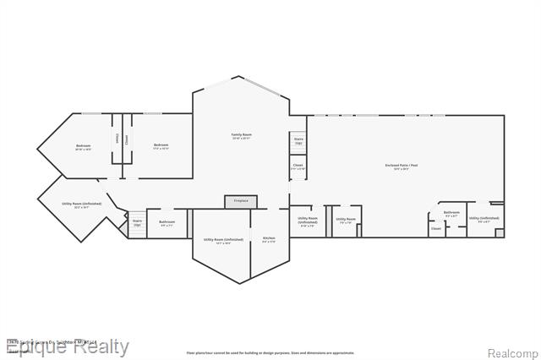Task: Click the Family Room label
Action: pos(242,136)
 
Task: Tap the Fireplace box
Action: pos(241,201)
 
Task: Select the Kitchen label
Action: pos(269,240)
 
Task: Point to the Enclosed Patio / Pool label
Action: pos(402,166)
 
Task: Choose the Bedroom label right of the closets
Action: pos(161,146)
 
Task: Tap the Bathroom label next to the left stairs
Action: pos(167,223)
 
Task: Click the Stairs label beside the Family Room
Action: pos(298,141)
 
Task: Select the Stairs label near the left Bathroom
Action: pos(137,223)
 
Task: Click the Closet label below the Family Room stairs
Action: pos(298,167)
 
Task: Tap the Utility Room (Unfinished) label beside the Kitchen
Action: pos(223,241)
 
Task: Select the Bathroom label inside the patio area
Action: pos(451,214)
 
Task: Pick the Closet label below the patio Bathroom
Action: pos(436,228)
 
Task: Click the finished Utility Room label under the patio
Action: pos(346,221)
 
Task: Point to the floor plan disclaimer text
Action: pos(270,352)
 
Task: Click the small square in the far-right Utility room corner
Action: pos(500,232)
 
